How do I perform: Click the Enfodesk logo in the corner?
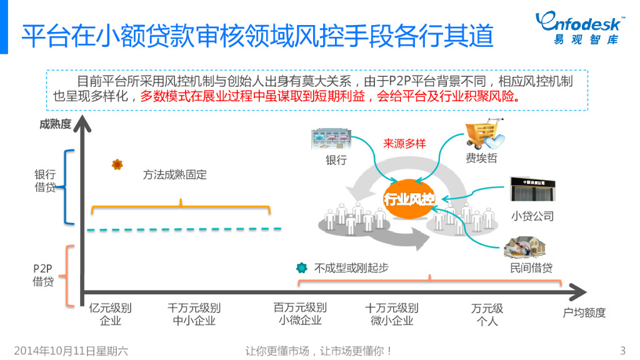pos(577,28)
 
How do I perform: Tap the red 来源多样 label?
pos(404,144)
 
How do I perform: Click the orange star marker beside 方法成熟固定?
pos(117,164)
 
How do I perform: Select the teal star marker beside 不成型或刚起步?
pos(302,267)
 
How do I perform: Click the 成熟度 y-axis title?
pos(56,124)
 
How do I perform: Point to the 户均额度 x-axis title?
pos(584,312)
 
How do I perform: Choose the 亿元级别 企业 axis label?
pos(111,314)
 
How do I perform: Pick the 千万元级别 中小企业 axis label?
pos(194,314)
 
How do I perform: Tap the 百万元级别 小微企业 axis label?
pos(300,314)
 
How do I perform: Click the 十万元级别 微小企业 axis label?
pos(392,314)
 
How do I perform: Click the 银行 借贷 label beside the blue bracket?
pos(45,181)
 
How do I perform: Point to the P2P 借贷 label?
pos(43,275)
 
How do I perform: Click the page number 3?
pos(622,350)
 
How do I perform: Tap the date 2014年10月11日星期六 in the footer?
pos(71,351)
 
